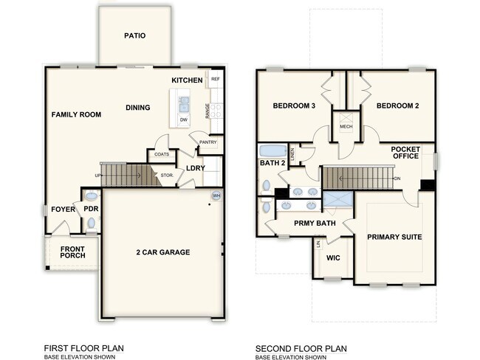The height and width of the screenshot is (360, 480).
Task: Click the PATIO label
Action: pos(134,35)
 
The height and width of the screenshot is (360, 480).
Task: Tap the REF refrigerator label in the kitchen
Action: pos(216,79)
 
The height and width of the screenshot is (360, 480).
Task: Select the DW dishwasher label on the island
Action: pos(183,119)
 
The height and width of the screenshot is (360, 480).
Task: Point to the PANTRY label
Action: pos(208,142)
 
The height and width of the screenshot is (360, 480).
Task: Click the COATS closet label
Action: pos(162,154)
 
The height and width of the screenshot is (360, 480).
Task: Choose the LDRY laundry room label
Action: pos(196,168)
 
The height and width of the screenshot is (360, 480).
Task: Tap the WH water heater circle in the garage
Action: pos(216,195)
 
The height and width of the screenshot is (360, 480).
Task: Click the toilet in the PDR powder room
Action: pos(91,198)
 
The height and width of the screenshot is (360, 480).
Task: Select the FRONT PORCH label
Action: pos(72,252)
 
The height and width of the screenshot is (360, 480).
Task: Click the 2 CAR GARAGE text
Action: pos(164,252)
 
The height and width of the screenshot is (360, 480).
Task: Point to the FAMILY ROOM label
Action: pos(76,114)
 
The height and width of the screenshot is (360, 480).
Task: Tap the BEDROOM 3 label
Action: pos(294,106)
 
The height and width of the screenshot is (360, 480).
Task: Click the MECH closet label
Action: pos(346,127)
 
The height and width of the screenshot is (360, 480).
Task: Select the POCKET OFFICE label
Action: pos(405,153)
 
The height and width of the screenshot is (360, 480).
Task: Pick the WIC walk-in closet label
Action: pos(332,259)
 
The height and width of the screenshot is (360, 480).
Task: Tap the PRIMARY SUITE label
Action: pos(394,238)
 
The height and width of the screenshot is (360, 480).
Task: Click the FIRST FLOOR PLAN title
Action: pos(83,347)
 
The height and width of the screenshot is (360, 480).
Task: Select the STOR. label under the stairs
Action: pos(167,176)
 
